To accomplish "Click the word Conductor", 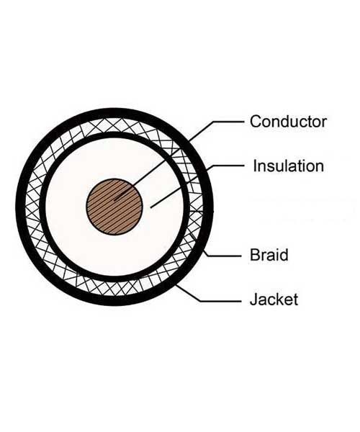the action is click(289, 122).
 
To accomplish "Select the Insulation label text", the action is click(289, 166).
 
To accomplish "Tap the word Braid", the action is click(269, 255).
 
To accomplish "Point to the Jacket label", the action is click(274, 300).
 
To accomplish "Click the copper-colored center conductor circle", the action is click(114, 207).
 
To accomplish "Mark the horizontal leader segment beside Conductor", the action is click(228, 122).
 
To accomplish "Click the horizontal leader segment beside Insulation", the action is click(228, 166).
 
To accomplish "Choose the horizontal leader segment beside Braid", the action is click(224, 256).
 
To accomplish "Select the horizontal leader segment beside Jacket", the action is click(220, 301).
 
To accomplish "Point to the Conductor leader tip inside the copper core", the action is click(115, 199).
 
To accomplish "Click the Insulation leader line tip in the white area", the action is click(151, 207).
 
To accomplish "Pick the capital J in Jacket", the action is click(253, 300).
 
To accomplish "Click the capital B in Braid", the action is click(255, 255).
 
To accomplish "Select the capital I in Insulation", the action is click(255, 166).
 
